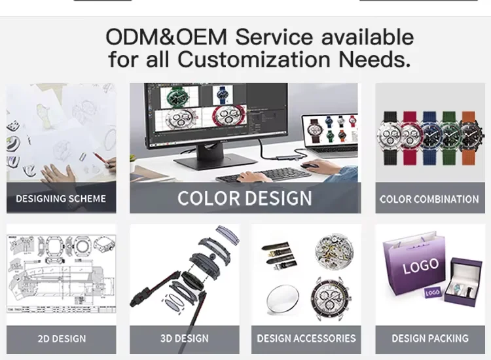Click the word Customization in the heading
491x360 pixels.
tap(253, 59)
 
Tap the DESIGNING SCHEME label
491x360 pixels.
tap(61, 199)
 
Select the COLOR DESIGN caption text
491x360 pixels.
tap(245, 198)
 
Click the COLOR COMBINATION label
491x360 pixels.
tap(429, 199)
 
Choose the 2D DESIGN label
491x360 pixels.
tap(62, 338)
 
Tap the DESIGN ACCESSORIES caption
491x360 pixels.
tap(306, 338)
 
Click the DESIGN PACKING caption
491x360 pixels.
tap(430, 338)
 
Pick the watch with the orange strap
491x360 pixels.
tap(469, 137)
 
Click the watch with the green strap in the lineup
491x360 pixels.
tap(450, 137)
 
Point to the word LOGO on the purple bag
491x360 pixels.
tap(420, 266)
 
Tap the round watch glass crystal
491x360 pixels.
tap(283, 299)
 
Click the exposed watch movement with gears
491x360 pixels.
tap(334, 251)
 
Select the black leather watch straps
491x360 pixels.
tap(280, 255)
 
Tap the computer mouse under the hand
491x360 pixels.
tap(308, 166)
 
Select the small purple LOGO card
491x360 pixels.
tap(433, 293)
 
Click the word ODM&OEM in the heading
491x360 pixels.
tap(166, 37)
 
